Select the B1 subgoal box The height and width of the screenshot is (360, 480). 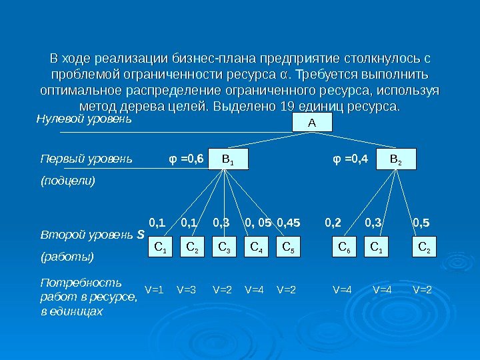pyautogui.click(x=227, y=159)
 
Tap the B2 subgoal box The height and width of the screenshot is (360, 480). pyautogui.click(x=395, y=159)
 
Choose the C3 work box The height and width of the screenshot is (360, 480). pyautogui.click(x=224, y=248)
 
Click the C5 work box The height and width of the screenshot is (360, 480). pyautogui.click(x=287, y=248)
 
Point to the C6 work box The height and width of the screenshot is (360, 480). pyautogui.click(x=343, y=248)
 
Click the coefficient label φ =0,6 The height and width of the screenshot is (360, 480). pyautogui.click(x=184, y=159)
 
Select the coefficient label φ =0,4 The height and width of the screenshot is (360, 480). pyautogui.click(x=350, y=159)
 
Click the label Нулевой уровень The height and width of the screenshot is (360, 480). pyautogui.click(x=83, y=121)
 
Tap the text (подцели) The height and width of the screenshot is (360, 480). pyautogui.click(x=68, y=181)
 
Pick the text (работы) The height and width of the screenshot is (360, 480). pyautogui.click(x=67, y=256)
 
